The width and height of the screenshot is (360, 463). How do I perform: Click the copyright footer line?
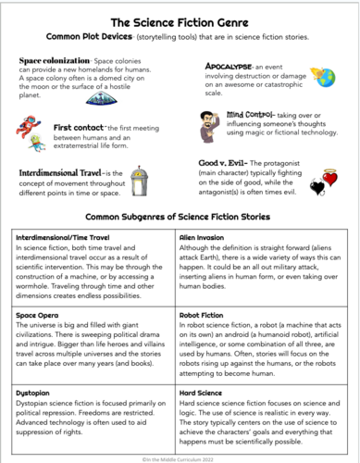tap(180, 456)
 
